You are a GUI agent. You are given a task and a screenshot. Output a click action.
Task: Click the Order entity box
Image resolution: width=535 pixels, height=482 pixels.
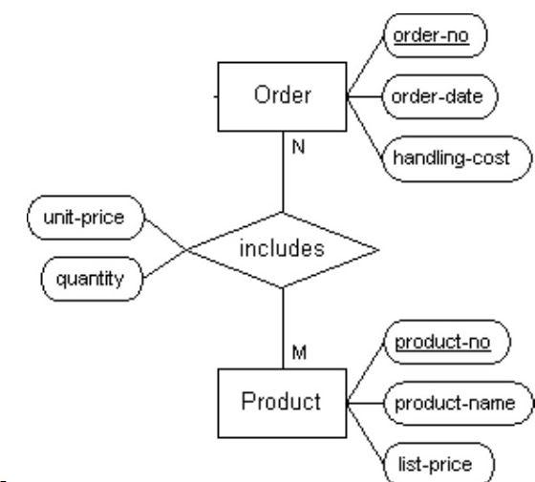(x=282, y=96)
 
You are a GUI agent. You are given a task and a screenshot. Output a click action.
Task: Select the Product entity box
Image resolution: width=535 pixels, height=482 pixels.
(x=282, y=402)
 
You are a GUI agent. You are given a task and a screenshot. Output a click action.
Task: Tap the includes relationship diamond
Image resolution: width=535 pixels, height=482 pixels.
(x=282, y=250)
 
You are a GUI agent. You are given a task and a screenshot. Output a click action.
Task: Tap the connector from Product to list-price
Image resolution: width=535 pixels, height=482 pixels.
(x=366, y=430)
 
